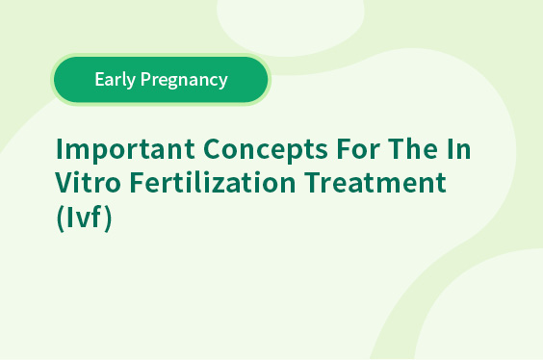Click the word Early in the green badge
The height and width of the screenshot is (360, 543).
tap(115, 80)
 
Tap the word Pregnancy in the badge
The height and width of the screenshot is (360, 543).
tap(184, 80)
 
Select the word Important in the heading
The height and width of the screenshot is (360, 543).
tap(125, 149)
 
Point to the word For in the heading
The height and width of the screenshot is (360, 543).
tap(358, 149)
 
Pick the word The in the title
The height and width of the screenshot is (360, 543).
tap(413, 149)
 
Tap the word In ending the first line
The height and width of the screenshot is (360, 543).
tap(459, 149)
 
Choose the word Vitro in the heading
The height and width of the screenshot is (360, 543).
tap(88, 182)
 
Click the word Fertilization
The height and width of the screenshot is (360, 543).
tap(213, 182)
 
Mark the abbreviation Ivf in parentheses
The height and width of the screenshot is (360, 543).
tap(84, 217)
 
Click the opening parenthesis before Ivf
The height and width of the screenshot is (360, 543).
tap(61, 218)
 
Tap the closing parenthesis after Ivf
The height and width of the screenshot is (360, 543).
tap(108, 218)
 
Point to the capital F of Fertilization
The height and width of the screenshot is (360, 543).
tap(137, 182)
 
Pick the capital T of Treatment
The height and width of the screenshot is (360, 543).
tap(313, 182)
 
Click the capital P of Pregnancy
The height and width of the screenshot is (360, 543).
tap(145, 79)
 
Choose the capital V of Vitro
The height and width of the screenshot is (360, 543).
tap(65, 182)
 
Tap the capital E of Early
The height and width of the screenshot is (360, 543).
tap(99, 79)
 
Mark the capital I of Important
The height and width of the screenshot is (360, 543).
tap(59, 149)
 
